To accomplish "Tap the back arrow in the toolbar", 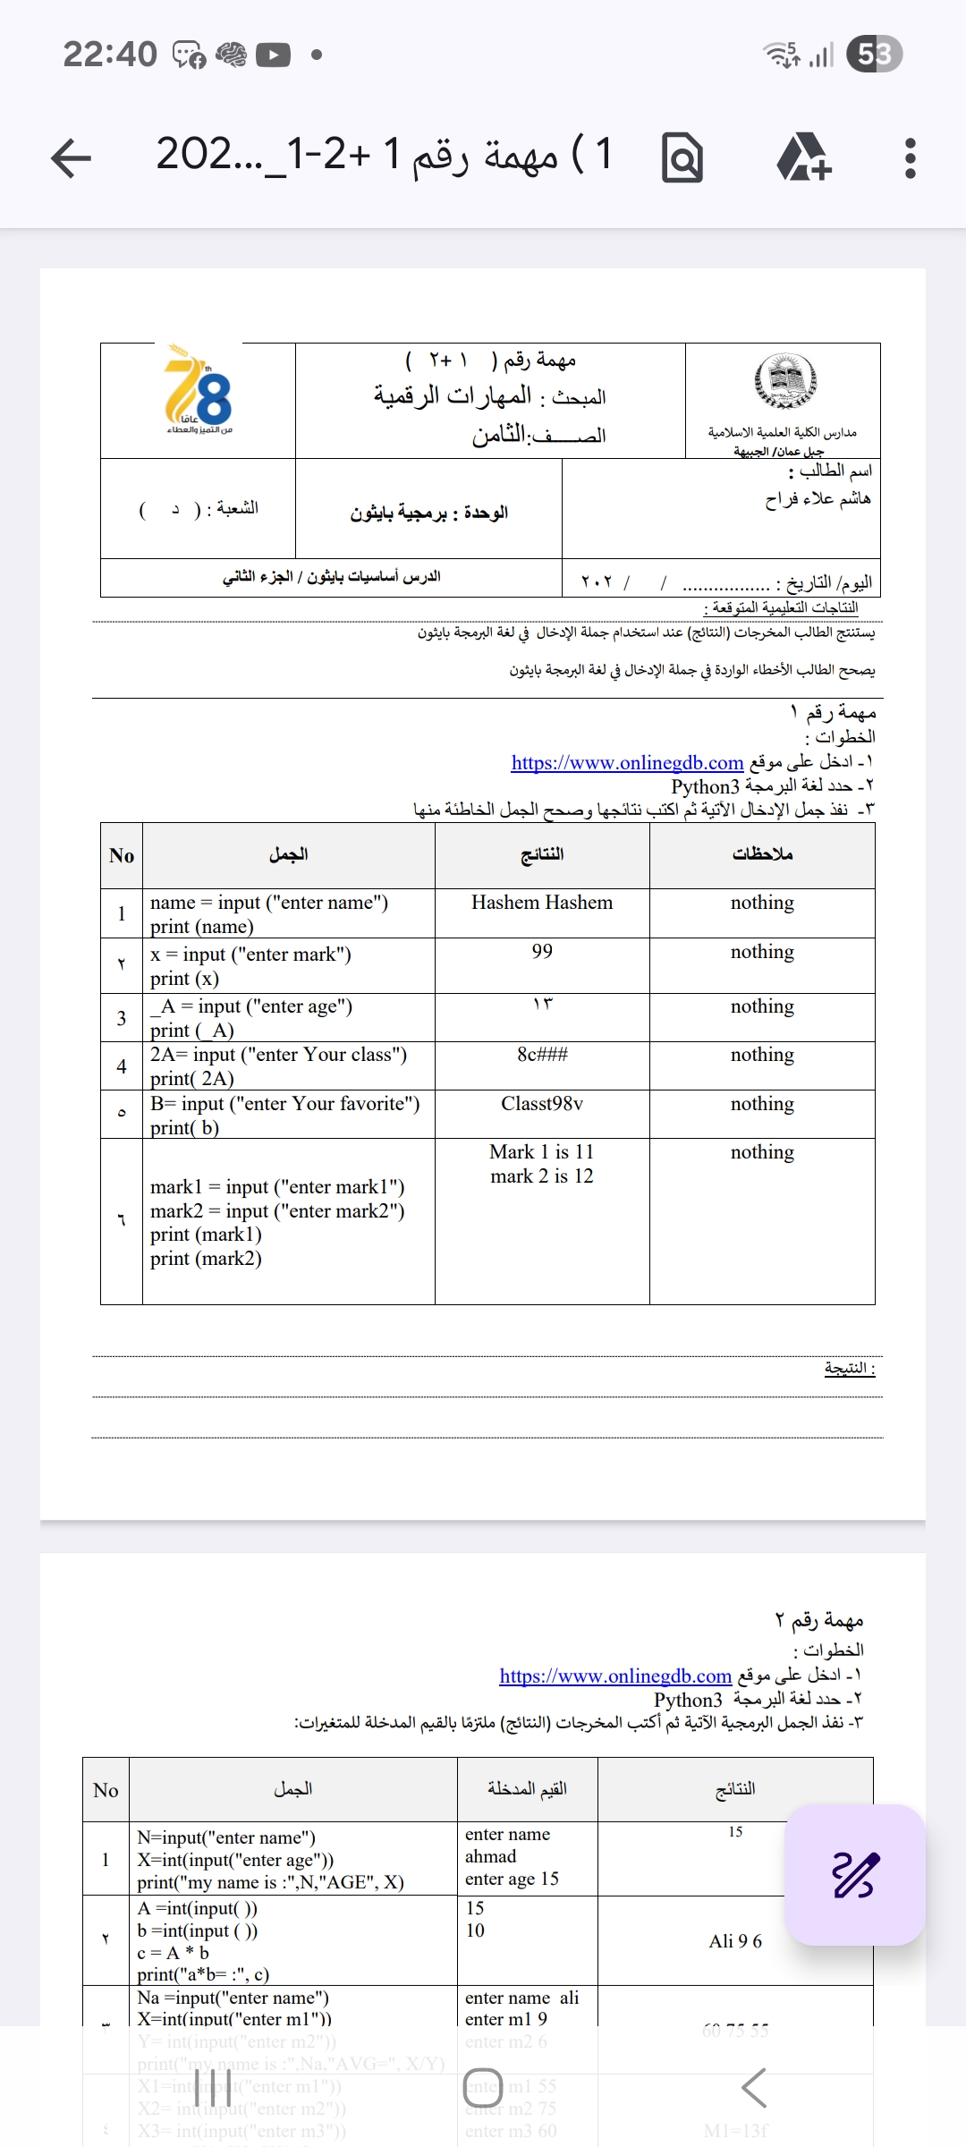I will tap(72, 158).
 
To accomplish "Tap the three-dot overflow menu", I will tap(910, 158).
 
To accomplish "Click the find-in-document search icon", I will tap(682, 158).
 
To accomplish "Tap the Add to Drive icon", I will tap(803, 158).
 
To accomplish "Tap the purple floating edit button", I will tap(854, 1875).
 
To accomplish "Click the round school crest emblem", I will tap(784, 380).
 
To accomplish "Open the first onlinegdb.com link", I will tap(627, 762).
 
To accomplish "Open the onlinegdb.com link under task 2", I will tap(615, 1676).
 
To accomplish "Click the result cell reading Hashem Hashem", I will tap(542, 903).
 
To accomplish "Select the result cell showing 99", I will tap(542, 951).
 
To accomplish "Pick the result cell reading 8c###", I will tap(542, 1055).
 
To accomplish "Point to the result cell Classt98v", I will tap(542, 1104).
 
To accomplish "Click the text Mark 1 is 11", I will tap(542, 1152).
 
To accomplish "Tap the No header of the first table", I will tap(122, 856).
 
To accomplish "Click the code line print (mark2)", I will tap(206, 1259).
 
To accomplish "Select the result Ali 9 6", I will tap(735, 1941).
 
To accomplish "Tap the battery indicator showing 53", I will tap(874, 55).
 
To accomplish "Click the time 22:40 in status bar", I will tap(110, 55).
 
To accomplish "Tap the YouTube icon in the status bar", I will tap(273, 55).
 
